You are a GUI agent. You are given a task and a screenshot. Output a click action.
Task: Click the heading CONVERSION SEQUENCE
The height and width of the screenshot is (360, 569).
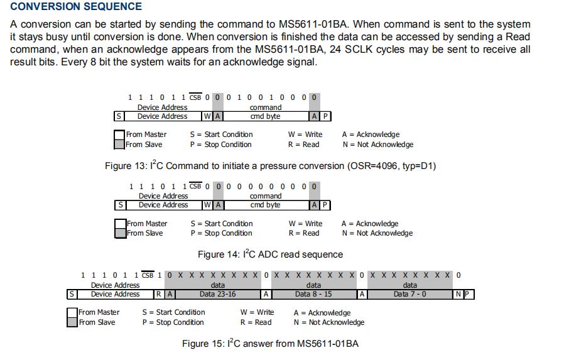click(x=76, y=7)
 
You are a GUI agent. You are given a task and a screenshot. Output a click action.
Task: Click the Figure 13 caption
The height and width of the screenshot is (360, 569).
click(x=270, y=166)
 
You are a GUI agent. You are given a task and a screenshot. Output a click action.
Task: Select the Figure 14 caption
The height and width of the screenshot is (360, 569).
click(x=270, y=254)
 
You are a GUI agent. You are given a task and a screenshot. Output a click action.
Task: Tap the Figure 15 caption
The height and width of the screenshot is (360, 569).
click(x=270, y=344)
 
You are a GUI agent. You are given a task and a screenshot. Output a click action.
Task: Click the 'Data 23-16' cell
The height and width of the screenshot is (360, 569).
click(x=218, y=294)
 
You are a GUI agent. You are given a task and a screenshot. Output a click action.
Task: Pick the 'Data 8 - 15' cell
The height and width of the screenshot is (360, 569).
click(x=313, y=294)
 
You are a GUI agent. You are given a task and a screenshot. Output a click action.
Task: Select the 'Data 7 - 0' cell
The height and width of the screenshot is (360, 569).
click(x=409, y=294)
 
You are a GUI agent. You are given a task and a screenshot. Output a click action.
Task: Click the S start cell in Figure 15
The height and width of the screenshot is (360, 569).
click(x=72, y=294)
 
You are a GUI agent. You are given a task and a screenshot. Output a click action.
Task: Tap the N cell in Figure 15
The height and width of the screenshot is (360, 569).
click(x=458, y=294)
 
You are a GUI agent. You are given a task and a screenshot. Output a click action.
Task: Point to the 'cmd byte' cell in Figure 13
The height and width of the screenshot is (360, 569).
click(x=265, y=116)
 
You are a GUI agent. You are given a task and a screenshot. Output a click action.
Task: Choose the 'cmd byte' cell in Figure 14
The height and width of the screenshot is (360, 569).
click(x=265, y=205)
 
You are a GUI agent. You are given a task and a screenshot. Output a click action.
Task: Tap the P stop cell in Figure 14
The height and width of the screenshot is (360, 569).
click(x=325, y=205)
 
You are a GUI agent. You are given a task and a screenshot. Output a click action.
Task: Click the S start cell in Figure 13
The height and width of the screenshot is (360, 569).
click(x=118, y=116)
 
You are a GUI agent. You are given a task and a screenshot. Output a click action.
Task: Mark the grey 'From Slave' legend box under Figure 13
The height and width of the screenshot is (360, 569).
click(x=119, y=145)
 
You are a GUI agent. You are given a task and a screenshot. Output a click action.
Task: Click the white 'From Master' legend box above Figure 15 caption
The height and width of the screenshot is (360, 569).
click(x=72, y=312)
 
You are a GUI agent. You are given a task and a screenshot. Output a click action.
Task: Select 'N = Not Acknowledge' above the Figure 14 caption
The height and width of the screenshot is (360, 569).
click(x=377, y=233)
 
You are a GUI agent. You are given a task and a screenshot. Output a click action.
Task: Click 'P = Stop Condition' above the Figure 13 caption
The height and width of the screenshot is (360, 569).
click(x=220, y=145)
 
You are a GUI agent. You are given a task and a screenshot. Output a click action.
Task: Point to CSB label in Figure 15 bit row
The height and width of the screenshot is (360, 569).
click(x=148, y=275)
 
